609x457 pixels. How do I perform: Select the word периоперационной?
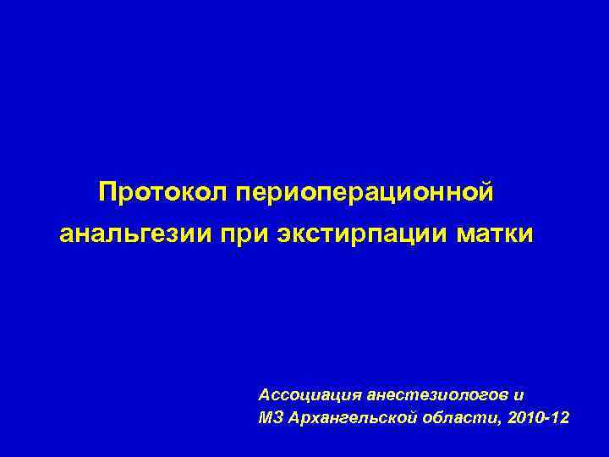tap(365, 192)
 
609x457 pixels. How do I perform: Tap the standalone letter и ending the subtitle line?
tap(518, 395)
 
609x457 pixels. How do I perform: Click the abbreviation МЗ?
tap(270, 419)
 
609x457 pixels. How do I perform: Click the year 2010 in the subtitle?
tap(525, 419)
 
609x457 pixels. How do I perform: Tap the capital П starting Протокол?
tap(107, 192)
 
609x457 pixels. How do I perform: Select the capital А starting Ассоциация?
tap(264, 395)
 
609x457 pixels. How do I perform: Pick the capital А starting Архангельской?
tap(292, 419)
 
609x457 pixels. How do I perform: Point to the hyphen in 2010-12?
tap(547, 421)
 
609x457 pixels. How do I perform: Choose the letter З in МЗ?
tap(277, 419)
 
